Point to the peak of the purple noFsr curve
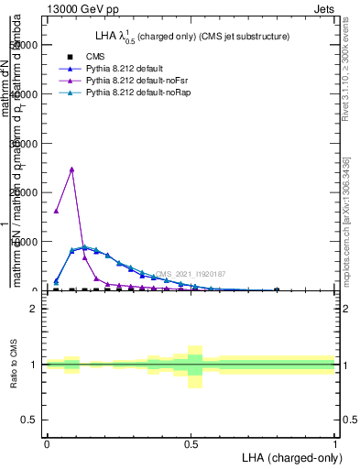coord(71,169)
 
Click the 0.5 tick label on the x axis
coord(191,443)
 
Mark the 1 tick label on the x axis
coord(334,443)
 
